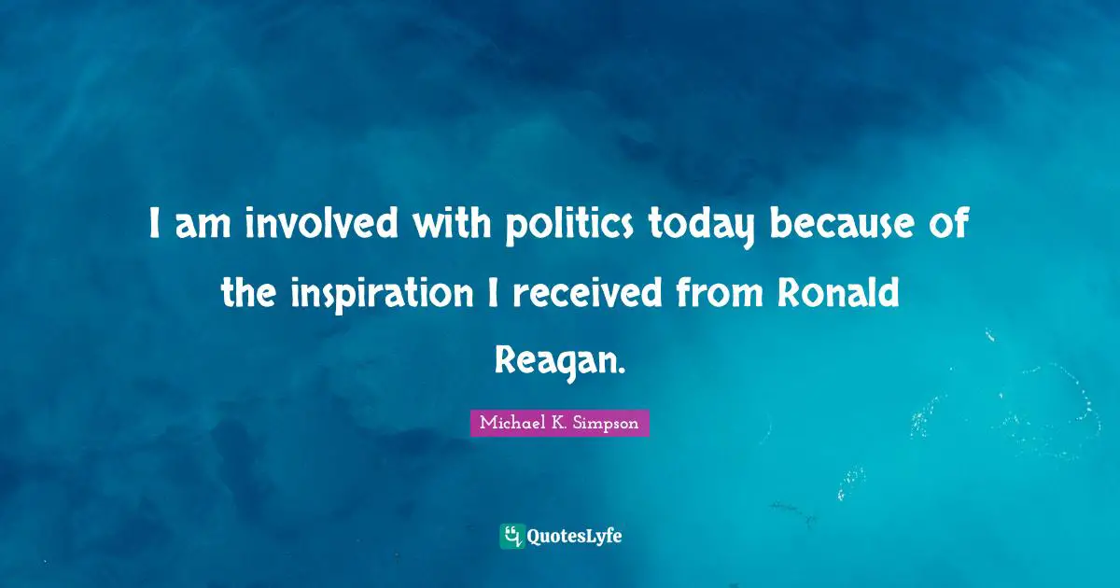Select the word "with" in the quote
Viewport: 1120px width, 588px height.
point(441,226)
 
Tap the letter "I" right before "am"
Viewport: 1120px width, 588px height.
point(155,226)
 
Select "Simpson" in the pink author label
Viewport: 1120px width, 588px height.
point(608,423)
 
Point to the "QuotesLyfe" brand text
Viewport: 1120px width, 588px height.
point(575,536)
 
